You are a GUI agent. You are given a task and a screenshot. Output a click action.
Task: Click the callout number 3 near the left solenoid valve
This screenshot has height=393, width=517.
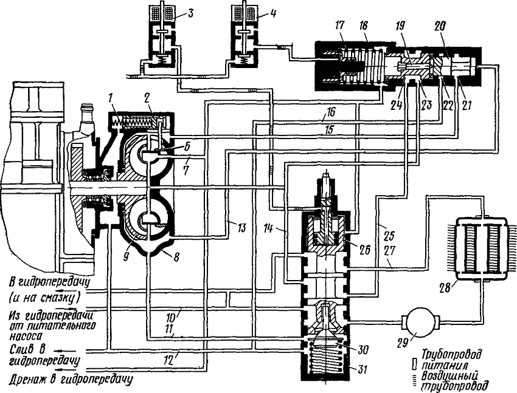click(x=190, y=14)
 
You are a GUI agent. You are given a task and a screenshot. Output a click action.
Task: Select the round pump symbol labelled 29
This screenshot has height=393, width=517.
click(x=418, y=321)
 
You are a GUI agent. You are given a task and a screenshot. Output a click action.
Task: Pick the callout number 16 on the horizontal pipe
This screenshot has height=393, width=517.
click(x=331, y=112)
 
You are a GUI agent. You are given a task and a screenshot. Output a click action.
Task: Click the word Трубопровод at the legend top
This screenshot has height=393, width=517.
click(x=452, y=354)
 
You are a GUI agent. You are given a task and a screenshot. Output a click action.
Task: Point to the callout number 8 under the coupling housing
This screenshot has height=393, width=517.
click(x=176, y=257)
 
